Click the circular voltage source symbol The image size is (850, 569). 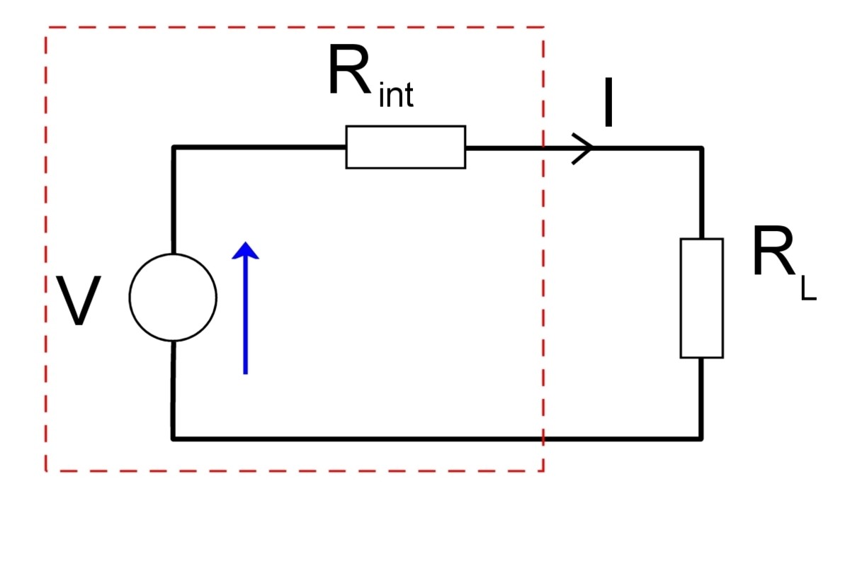[x=173, y=298]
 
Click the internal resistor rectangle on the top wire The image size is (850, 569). [x=405, y=147]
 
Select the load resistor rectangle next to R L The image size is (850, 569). [x=701, y=298]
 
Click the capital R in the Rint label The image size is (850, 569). [x=349, y=71]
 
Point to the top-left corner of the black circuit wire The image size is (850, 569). [x=174, y=148]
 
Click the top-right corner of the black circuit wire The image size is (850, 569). [x=701, y=148]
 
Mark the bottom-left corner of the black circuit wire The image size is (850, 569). [x=174, y=439]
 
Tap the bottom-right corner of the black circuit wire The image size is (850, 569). [x=701, y=439]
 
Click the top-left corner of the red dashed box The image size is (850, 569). [x=47, y=28]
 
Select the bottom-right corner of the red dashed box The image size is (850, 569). [x=543, y=471]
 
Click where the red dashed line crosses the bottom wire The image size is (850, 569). [x=543, y=439]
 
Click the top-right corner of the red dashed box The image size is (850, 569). [x=543, y=28]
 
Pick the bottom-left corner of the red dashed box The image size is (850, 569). [x=47, y=471]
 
